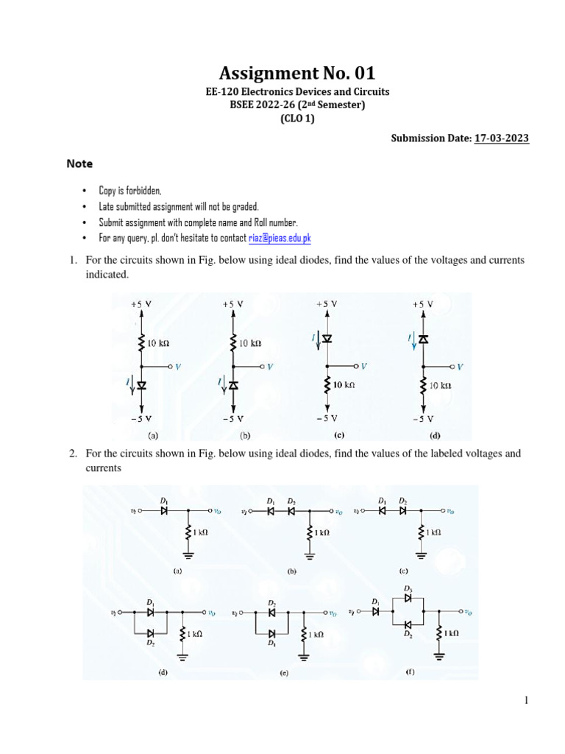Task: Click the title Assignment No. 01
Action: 296,73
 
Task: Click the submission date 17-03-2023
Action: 502,138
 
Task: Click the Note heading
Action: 79,163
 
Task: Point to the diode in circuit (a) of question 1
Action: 141,384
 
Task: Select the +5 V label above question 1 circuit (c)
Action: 326,303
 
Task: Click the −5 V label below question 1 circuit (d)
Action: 422,418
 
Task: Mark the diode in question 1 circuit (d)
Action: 423,338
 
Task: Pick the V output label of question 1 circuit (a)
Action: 177,366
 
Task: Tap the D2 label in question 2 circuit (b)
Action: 292,501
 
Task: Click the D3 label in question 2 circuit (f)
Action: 408,589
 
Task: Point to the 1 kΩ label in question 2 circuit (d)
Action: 194,633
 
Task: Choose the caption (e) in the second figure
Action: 283,672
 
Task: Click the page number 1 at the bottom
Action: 527,701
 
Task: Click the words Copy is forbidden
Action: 130,191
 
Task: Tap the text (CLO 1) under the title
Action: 296,118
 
